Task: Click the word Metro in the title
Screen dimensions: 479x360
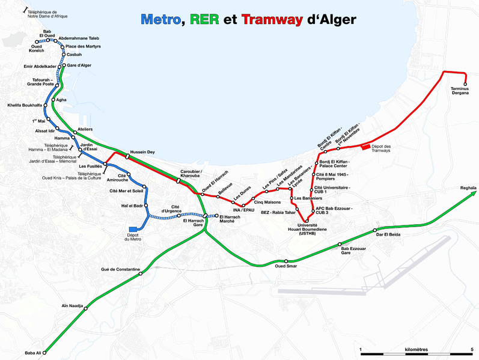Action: (x=160, y=20)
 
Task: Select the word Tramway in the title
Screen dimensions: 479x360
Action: (x=272, y=20)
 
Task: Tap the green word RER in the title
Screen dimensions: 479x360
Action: (x=204, y=20)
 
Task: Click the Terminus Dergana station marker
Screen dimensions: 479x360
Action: (x=465, y=84)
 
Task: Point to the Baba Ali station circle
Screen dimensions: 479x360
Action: (x=44, y=353)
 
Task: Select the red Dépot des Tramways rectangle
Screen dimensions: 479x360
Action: (x=366, y=147)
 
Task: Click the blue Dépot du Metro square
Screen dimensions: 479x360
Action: (x=133, y=229)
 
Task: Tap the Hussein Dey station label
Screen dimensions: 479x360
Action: (x=142, y=152)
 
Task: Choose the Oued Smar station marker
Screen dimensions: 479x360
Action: (x=286, y=261)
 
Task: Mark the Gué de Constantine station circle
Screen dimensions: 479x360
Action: (x=141, y=273)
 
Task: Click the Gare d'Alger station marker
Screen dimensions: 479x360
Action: (x=64, y=65)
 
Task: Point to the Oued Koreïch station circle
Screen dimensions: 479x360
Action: (x=37, y=42)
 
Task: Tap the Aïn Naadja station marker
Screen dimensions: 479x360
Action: (x=85, y=309)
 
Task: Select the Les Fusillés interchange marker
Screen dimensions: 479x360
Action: (x=105, y=164)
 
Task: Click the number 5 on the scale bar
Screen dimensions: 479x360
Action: (x=472, y=349)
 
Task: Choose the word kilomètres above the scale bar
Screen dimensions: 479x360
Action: (x=416, y=349)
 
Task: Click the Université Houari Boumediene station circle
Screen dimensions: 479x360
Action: (x=307, y=221)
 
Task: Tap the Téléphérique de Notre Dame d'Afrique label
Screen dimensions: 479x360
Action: (x=47, y=14)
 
